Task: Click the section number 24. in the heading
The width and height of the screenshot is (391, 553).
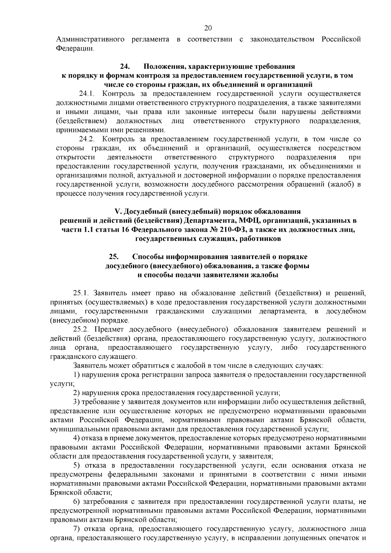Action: tap(125, 67)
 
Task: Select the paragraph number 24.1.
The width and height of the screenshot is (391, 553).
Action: tap(87, 94)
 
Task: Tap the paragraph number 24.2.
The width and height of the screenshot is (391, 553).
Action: tap(87, 139)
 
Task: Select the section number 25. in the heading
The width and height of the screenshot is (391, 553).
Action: tap(114, 257)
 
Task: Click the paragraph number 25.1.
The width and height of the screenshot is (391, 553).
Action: tap(81, 293)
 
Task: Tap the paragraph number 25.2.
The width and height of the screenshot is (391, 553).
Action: tap(81, 329)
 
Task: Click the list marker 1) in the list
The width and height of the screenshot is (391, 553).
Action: tap(77, 375)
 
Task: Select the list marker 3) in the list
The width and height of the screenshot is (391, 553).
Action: tap(77, 402)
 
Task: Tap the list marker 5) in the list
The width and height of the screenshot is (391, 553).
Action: tap(77, 465)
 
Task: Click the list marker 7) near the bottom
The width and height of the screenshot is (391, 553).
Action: tap(77, 529)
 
